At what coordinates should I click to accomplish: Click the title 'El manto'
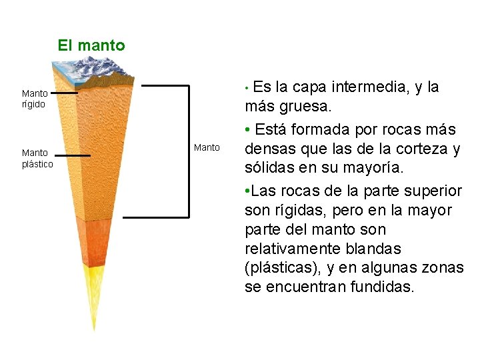point(91,45)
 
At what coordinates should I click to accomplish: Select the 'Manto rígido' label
point(34,99)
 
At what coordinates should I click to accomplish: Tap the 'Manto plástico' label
point(37,159)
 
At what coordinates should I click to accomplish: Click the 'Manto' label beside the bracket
point(207,147)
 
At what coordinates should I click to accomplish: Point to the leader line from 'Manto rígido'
point(65,94)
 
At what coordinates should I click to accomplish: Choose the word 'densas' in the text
point(269,149)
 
